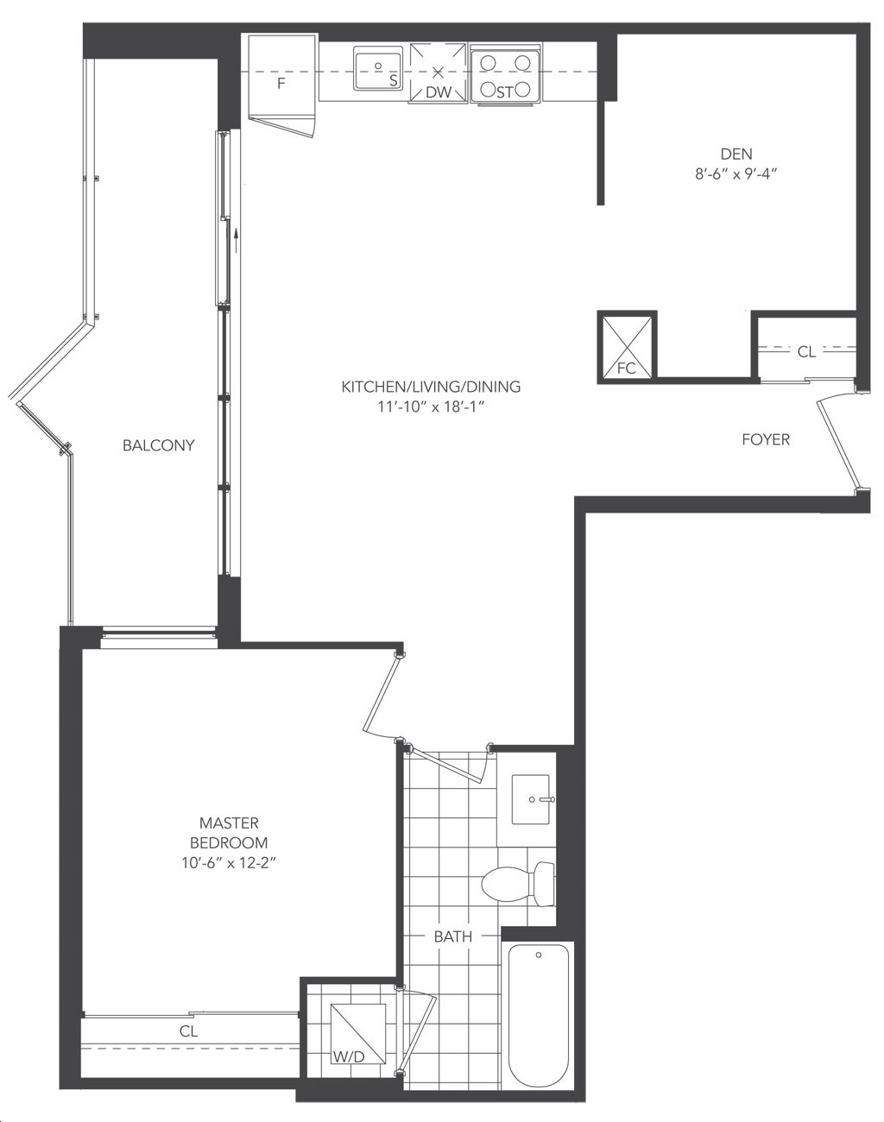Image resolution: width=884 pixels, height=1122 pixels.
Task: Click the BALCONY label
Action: tap(159, 445)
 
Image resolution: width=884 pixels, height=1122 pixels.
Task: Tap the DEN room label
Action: tap(736, 154)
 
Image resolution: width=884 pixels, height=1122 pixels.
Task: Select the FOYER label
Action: tap(766, 439)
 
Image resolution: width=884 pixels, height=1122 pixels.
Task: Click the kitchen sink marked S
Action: tap(378, 68)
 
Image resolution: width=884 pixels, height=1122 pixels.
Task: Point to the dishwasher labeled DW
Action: tap(438, 73)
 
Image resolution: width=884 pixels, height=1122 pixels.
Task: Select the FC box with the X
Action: tap(627, 347)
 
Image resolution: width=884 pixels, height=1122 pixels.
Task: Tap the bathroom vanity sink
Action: tap(531, 799)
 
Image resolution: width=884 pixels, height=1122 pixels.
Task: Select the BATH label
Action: tap(453, 936)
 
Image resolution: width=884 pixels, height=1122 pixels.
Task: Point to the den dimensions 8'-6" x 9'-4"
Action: tap(736, 174)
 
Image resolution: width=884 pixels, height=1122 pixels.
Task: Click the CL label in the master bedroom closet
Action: tap(188, 1031)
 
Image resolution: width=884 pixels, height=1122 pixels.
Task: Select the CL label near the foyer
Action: tap(806, 352)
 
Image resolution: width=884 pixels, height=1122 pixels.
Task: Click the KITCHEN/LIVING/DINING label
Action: tap(431, 387)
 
